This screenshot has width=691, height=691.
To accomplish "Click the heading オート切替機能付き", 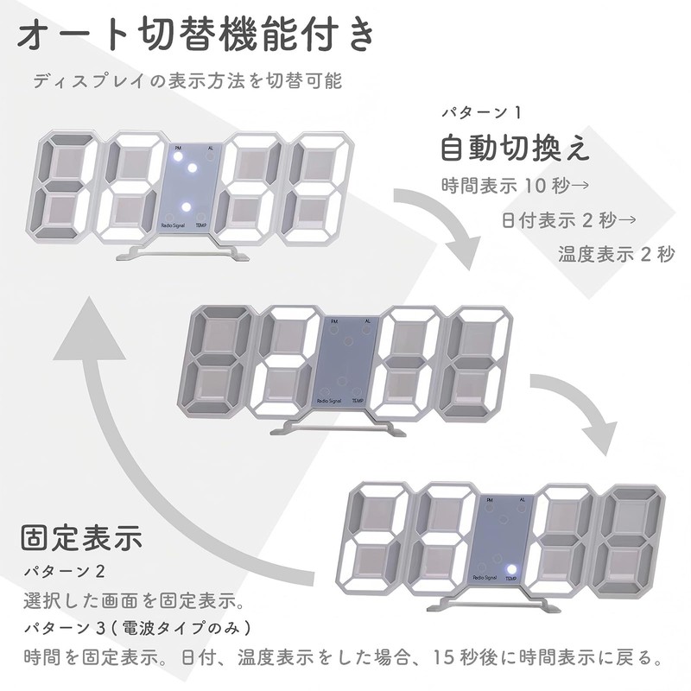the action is [x=197, y=36].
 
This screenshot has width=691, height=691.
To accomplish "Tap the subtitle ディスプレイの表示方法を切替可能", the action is [x=187, y=82].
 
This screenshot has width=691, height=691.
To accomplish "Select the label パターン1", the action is [x=482, y=113].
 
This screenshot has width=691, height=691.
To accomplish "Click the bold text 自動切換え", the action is [x=515, y=149].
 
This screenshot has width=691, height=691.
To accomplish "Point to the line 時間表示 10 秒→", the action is [x=514, y=185].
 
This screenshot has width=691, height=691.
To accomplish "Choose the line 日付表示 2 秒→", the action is [x=568, y=219].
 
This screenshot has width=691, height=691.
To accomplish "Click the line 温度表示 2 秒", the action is [x=615, y=254].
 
